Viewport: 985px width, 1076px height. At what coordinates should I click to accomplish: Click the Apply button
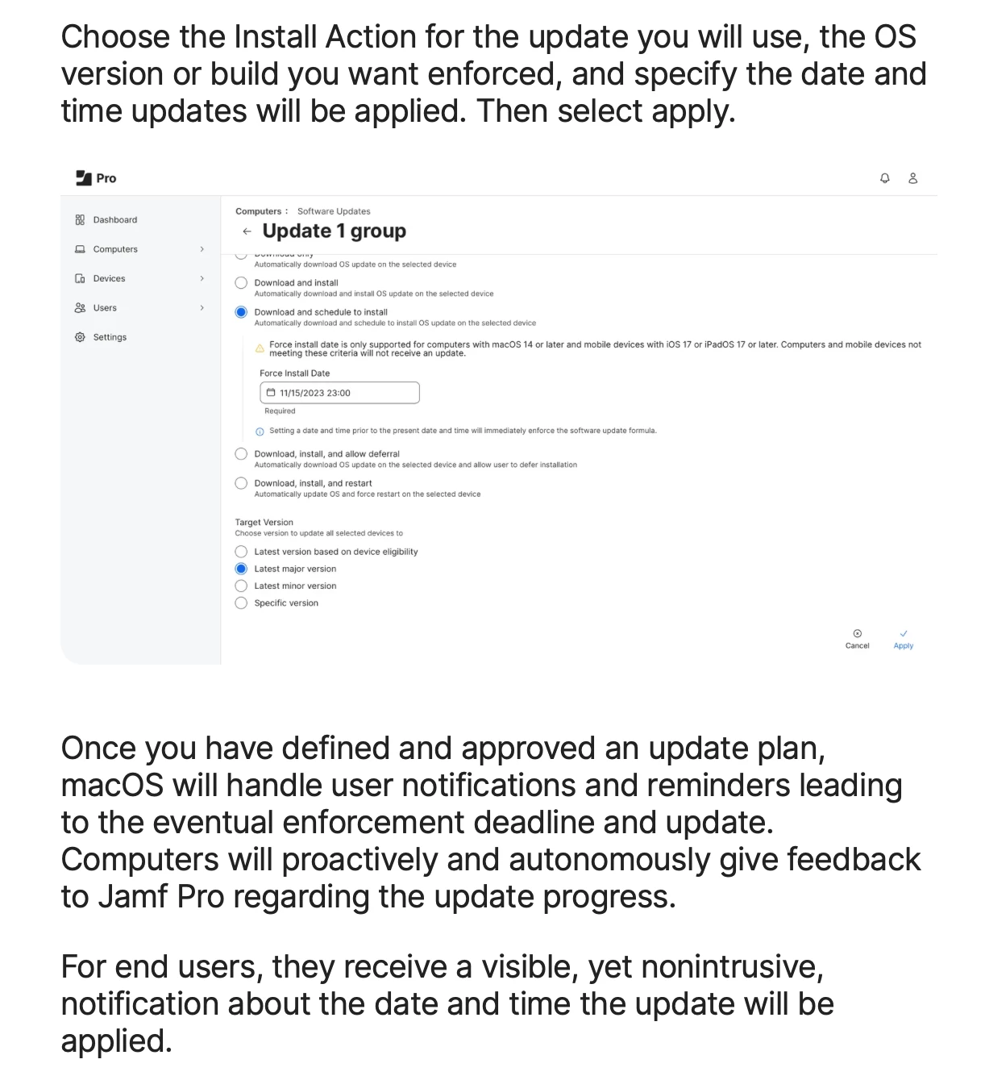click(903, 639)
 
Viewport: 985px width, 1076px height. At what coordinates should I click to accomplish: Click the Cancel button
click(857, 639)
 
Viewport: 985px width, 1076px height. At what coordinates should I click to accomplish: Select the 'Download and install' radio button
click(241, 283)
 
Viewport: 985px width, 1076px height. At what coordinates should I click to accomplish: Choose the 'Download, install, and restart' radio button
click(241, 483)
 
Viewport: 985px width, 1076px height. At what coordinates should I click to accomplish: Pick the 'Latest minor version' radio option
click(241, 586)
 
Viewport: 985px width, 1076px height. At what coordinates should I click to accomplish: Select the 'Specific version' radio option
click(241, 603)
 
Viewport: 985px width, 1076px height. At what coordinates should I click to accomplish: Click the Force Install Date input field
click(339, 393)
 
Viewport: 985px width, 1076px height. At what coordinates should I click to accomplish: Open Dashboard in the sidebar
click(114, 220)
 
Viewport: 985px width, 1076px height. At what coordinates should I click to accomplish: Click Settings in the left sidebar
click(110, 337)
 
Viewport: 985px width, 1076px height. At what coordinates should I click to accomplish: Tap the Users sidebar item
click(105, 308)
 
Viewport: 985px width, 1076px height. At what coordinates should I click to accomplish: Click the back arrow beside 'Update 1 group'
click(247, 231)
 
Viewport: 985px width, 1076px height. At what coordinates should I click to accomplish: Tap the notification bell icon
click(885, 178)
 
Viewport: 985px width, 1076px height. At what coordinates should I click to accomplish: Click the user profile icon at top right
click(913, 178)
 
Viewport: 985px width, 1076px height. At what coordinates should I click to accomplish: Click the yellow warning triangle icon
click(260, 348)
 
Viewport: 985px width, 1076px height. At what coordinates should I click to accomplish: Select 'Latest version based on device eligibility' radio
click(241, 552)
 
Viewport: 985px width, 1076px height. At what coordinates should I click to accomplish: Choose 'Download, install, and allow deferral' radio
click(241, 454)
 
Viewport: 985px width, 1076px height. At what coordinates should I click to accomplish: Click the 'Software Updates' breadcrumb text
click(334, 211)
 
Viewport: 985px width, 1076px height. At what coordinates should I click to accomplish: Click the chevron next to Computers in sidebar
click(202, 249)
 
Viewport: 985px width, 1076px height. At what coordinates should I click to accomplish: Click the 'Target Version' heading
click(264, 523)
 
